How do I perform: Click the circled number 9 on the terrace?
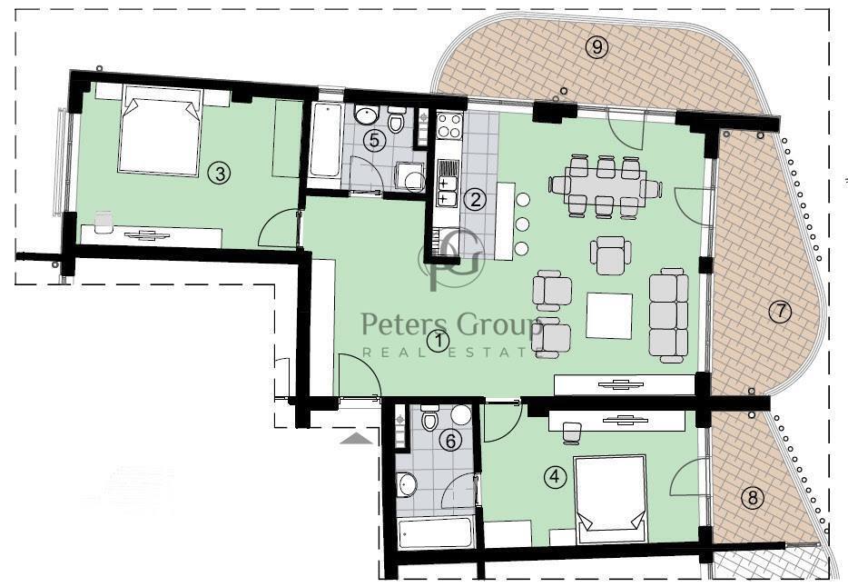597,47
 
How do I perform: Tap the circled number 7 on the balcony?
780,312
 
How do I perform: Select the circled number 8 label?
753,497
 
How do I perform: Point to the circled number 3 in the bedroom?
220,174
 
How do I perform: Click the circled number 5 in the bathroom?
374,141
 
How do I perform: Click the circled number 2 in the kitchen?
476,200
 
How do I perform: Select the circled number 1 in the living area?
438,341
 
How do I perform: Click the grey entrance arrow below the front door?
357,438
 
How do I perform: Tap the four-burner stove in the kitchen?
449,125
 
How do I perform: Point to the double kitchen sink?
447,192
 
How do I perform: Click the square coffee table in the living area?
609,316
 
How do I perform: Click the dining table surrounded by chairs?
606,186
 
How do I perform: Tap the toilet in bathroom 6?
429,418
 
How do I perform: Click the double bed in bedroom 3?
160,130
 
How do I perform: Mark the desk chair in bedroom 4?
572,433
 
